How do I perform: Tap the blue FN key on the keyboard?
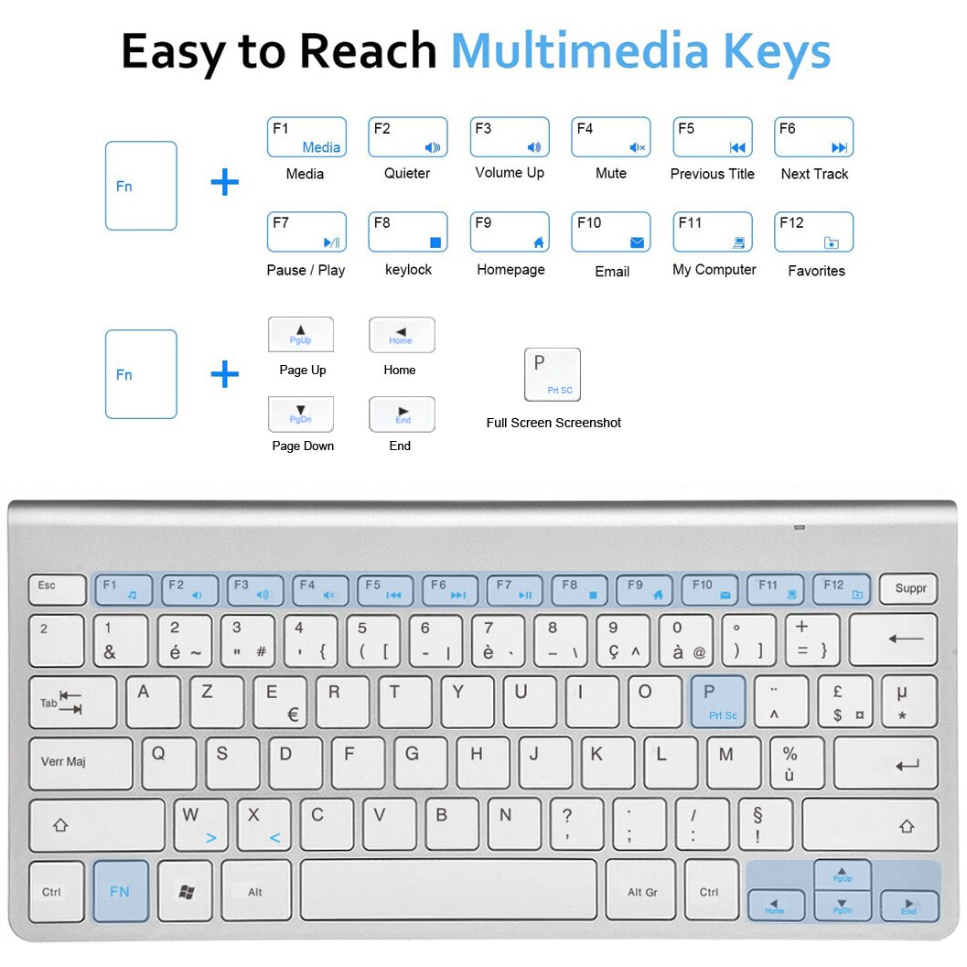coord(120,891)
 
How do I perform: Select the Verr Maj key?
coord(80,763)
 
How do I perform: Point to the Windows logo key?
coord(186,891)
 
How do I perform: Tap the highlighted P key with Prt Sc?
coord(717,702)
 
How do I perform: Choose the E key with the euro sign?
coord(280,702)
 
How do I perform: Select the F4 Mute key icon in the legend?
coord(610,137)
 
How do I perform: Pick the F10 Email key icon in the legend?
coord(610,232)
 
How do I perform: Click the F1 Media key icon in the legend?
coord(306,137)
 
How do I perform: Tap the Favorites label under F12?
coord(816,271)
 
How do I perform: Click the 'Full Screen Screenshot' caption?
coord(553,423)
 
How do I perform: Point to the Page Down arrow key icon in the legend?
coord(300,414)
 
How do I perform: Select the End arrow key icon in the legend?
coord(402,414)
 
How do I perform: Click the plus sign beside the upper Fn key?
coord(224,182)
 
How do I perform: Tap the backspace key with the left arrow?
coord(892,639)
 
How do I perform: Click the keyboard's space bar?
coord(448,889)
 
